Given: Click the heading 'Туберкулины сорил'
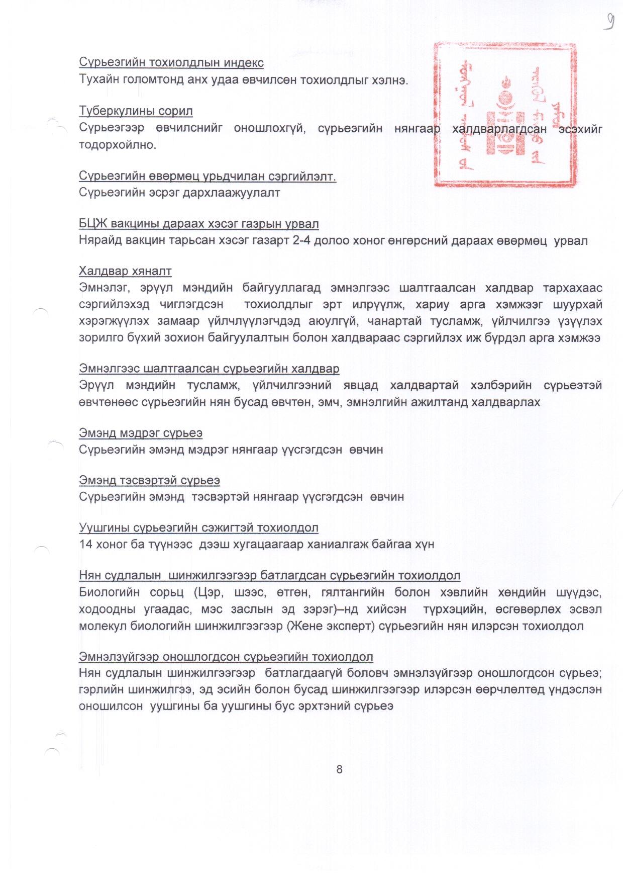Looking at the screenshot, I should pos(136,111).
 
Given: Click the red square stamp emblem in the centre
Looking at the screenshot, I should pos(505,115).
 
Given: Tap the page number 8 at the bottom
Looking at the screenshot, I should pos(339,769).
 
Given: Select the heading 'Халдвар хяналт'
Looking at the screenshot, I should pos(125,272).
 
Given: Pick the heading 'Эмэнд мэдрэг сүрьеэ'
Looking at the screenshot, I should pos(141,433).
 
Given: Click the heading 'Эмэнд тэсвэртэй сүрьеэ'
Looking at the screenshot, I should pos(149,480).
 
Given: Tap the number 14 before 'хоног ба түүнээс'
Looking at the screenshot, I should pos(86,544).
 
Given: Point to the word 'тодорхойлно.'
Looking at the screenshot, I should pos(118,145).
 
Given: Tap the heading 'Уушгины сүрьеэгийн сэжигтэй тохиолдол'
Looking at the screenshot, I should pos(198,528).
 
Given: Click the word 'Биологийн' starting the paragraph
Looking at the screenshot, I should pos(109,592).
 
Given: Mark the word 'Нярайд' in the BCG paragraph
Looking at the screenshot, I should pos(100,240).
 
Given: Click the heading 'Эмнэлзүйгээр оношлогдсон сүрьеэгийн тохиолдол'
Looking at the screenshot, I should pos(226,657).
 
